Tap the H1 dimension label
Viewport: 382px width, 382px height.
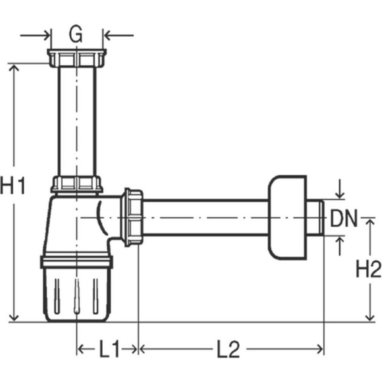coord(13,186)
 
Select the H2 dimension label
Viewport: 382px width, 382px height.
coord(369,269)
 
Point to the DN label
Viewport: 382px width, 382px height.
coord(344,218)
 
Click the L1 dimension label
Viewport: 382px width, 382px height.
coord(109,348)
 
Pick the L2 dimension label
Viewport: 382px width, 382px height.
coord(229,349)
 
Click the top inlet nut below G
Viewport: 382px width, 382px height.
coord(77,58)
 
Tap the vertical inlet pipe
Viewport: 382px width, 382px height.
coord(77,121)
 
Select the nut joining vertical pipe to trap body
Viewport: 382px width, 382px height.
coord(77,184)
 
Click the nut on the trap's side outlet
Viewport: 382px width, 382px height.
coord(132,217)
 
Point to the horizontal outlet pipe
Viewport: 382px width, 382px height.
coord(205,217)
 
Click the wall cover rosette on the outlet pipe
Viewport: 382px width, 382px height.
coord(287,217)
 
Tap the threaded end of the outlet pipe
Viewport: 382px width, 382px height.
coord(315,217)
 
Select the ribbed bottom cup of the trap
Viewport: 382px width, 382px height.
coord(76,295)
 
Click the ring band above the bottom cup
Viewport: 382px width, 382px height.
coord(76,261)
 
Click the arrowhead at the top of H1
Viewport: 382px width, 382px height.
coord(14,68)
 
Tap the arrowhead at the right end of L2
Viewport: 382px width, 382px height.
coord(319,349)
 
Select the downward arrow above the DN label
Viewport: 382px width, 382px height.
coord(340,189)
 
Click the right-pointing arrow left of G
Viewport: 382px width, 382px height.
coord(35,36)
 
